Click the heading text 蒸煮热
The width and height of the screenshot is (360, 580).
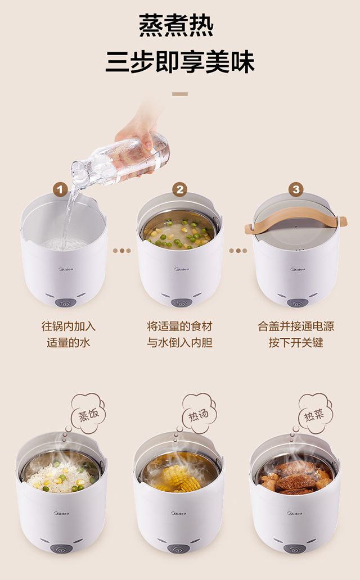[x=176, y=25]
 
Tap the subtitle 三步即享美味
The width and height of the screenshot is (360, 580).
[x=180, y=62]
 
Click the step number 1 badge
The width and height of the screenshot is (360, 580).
[x=60, y=190]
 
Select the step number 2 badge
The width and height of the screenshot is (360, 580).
[x=179, y=190]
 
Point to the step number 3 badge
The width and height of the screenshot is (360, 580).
[x=296, y=190]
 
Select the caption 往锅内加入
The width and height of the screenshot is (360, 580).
[x=69, y=326]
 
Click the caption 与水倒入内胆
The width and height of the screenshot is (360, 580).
[x=179, y=342]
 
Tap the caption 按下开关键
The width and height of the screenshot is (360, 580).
[x=296, y=342]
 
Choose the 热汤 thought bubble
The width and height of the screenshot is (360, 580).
[x=199, y=413]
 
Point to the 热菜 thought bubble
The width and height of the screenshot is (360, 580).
[x=315, y=413]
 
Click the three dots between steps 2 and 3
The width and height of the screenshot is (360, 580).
[x=238, y=251]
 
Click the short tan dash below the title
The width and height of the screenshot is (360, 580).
[x=180, y=94]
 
